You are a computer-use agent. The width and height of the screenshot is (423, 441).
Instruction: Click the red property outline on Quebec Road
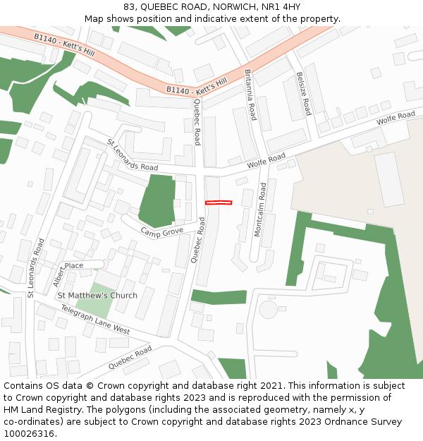point(219,203)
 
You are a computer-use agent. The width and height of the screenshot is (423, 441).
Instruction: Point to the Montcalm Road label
point(259,210)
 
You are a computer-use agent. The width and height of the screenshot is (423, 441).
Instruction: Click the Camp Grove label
point(161,231)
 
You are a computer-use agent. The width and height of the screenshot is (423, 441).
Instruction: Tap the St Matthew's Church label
point(97,295)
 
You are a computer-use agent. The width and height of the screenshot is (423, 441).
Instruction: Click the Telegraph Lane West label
point(94,320)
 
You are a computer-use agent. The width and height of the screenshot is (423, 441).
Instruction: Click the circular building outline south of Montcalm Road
point(269,309)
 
